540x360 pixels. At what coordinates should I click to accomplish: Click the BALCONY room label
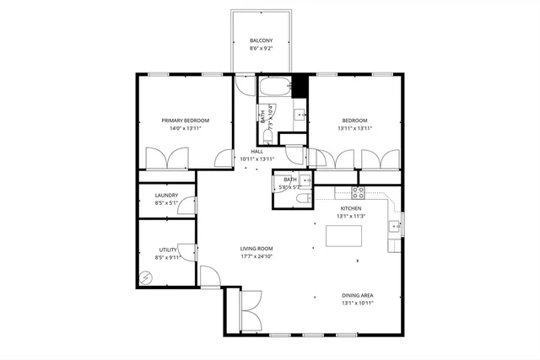[260, 40]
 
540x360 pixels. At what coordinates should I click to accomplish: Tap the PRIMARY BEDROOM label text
[186, 121]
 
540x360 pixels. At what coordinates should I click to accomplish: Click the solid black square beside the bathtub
[299, 84]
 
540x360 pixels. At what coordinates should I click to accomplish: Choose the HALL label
[257, 152]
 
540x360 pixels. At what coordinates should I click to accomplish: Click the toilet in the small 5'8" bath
[301, 199]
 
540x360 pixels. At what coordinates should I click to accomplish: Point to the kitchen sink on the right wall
[393, 226]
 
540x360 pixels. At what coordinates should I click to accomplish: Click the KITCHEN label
[351, 208]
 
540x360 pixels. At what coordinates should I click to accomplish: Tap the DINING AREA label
[358, 295]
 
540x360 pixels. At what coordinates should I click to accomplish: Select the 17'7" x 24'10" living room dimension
[256, 256]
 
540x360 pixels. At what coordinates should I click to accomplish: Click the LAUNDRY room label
[166, 196]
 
